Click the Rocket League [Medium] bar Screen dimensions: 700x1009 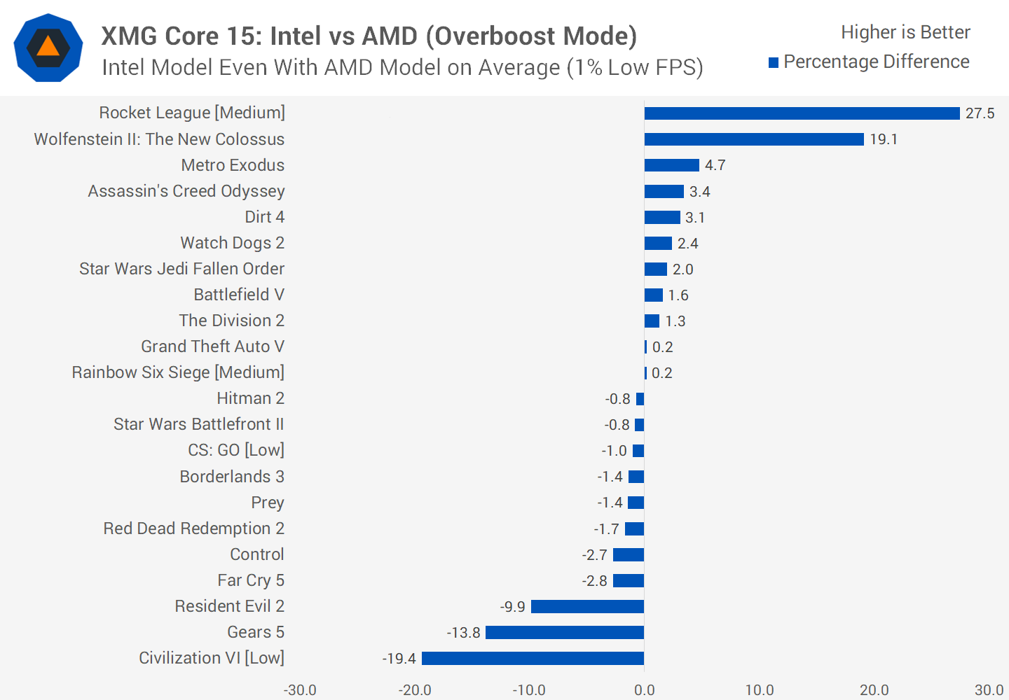[x=802, y=113]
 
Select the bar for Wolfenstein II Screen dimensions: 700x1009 [x=754, y=139]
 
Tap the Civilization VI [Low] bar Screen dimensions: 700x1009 [x=533, y=658]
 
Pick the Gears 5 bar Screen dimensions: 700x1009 [x=565, y=632]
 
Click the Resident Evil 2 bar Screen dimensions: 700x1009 [x=587, y=606]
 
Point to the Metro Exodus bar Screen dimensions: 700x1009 [x=671, y=165]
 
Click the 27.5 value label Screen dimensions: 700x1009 [x=980, y=113]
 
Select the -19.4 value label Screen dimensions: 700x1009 [x=399, y=659]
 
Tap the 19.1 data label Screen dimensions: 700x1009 [x=884, y=139]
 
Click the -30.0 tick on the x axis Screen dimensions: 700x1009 [x=300, y=690]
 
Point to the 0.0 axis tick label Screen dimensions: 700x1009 [x=644, y=690]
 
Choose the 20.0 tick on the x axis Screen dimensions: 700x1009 [x=874, y=690]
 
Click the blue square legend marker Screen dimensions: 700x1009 [x=774, y=63]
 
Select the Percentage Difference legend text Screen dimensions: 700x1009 [x=876, y=62]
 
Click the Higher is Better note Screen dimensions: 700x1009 [x=905, y=32]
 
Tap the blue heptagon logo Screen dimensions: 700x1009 [x=48, y=48]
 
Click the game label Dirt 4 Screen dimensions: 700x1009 [x=264, y=217]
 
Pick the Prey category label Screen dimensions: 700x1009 [x=268, y=503]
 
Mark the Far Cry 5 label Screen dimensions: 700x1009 [x=250, y=580]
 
